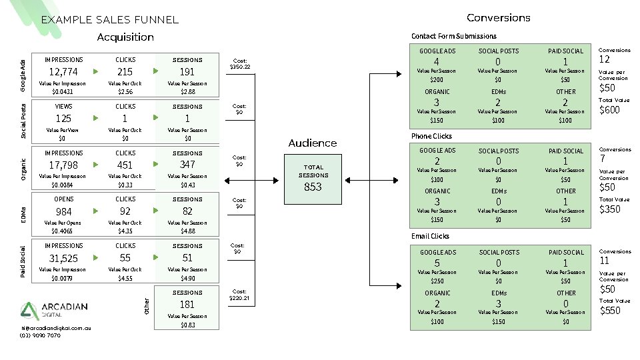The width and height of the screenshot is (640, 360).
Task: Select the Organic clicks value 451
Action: [x=125, y=165]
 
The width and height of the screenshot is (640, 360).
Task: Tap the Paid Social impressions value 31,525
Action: [x=64, y=258]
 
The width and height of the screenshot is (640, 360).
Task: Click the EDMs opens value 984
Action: [x=64, y=212]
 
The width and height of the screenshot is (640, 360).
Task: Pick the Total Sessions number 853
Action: [x=313, y=187]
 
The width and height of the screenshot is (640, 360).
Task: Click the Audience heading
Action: [x=313, y=143]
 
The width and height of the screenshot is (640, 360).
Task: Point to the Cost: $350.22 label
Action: [x=240, y=63]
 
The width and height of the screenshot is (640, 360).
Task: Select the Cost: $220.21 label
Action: [x=240, y=295]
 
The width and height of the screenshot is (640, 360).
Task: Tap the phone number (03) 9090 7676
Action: [x=40, y=335]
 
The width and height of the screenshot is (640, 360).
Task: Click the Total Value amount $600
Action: [x=610, y=109]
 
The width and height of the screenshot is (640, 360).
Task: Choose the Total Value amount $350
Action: [x=610, y=209]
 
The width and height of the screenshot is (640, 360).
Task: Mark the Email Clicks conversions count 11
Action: [x=604, y=261]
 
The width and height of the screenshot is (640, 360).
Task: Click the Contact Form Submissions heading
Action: [x=454, y=36]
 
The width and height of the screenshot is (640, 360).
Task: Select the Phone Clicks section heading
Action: [x=431, y=136]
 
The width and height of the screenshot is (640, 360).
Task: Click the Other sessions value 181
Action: [x=187, y=305]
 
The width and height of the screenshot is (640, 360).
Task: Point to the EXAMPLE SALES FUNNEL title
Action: [x=110, y=20]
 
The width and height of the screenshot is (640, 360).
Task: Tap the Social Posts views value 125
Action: [x=64, y=119]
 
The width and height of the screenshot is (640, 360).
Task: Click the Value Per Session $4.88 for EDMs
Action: [x=187, y=231]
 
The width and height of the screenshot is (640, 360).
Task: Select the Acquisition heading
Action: [x=125, y=37]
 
